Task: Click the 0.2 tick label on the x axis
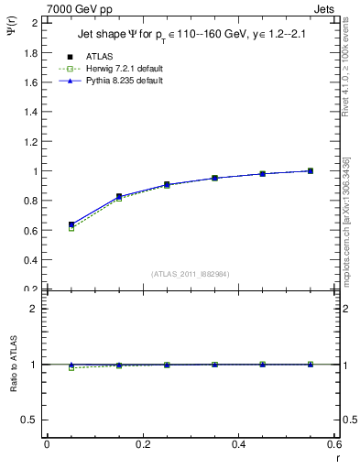click(x=142, y=444)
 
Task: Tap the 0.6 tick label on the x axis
click(x=334, y=444)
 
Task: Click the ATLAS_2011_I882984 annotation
click(x=191, y=274)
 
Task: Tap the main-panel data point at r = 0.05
click(x=71, y=224)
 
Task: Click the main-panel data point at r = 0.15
click(x=119, y=196)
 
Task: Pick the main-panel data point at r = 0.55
click(x=311, y=170)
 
